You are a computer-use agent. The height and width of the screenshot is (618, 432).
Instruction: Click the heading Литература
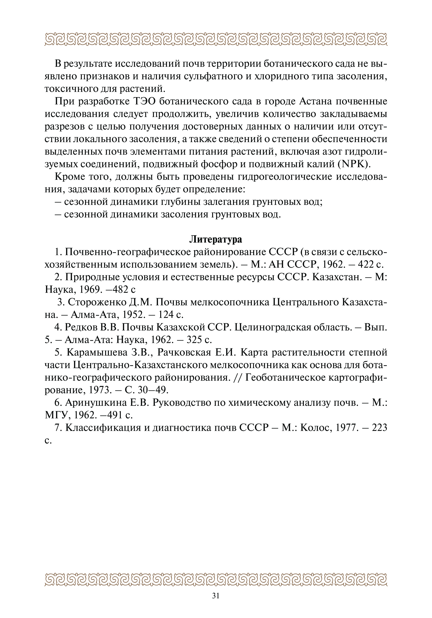coord(216,239)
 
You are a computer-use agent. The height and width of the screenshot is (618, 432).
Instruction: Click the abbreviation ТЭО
coord(143,102)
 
